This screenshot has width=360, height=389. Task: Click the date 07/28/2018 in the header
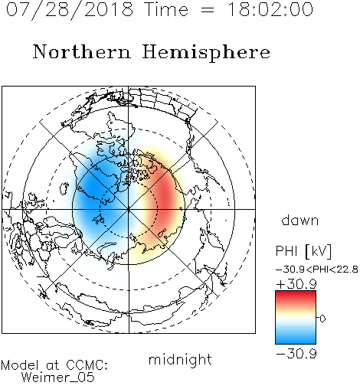coord(70,9)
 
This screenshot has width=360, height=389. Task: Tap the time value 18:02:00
coord(270,9)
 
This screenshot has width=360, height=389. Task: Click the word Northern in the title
coord(82,51)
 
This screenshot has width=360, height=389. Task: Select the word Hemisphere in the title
coord(206,53)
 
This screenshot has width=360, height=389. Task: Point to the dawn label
coord(300,220)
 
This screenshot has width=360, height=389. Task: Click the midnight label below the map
coord(180,359)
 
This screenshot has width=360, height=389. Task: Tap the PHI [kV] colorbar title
coord(303,251)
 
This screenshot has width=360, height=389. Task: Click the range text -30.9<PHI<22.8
coord(317,270)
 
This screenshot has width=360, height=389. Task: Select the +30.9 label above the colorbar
coord(296,284)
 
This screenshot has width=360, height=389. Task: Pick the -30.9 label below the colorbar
coord(296,354)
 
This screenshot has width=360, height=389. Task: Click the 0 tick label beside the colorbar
coord(322,319)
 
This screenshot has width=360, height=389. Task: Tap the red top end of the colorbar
coord(296,293)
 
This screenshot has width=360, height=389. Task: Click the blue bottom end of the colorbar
coord(296,341)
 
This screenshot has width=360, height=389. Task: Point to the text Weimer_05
coord(58,378)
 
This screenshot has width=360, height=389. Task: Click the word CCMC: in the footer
coord(87,365)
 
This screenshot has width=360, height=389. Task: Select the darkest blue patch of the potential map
coord(92,189)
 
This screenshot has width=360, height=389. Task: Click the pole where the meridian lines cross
coord(129,209)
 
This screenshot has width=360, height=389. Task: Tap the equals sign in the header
coord(208,10)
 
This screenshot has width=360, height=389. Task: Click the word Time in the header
coord(166,9)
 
